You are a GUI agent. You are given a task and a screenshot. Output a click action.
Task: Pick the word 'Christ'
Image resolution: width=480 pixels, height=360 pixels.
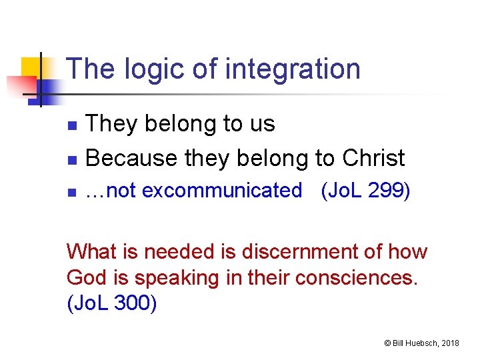(373, 158)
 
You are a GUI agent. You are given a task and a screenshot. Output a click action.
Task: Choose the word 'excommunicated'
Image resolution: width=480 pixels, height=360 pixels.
(222, 191)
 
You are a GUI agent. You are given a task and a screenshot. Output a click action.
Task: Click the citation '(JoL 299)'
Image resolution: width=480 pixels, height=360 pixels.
(365, 191)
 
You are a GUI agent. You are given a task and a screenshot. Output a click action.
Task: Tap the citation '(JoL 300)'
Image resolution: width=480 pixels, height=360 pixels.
(112, 303)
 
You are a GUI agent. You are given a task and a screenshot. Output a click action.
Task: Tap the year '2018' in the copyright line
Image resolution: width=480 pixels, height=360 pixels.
(450, 343)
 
